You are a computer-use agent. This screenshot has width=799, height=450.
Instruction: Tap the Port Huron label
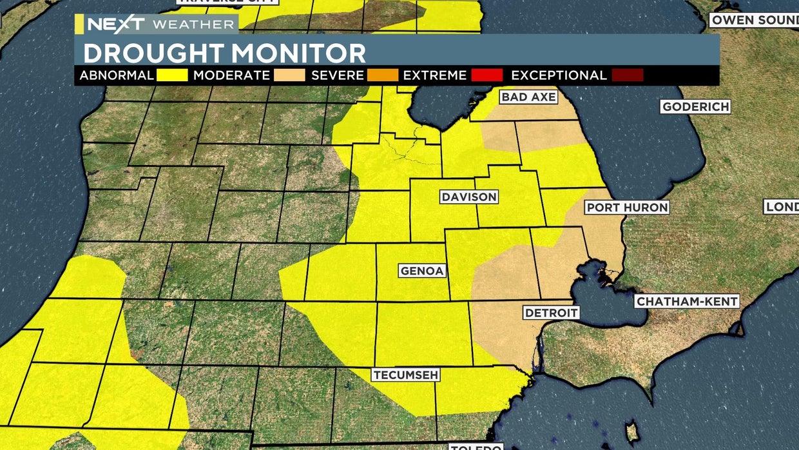[x=626, y=208]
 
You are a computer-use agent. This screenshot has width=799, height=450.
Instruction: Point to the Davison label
[x=469, y=197]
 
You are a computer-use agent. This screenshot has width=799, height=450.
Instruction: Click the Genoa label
[x=422, y=271]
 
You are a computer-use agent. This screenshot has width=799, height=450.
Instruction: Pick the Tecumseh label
[x=405, y=375]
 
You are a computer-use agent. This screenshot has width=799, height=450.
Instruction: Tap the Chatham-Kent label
[x=686, y=301]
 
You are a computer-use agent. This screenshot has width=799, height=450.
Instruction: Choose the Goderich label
[x=695, y=106]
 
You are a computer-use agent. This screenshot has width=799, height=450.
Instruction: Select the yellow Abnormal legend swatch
[x=171, y=75]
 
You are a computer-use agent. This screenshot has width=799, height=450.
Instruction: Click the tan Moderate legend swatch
[x=289, y=75]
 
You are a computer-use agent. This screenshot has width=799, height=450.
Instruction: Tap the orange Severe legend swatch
[x=383, y=75]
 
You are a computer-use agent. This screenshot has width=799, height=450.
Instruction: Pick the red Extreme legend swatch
[x=486, y=75]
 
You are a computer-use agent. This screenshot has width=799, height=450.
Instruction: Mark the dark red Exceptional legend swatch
[x=627, y=75]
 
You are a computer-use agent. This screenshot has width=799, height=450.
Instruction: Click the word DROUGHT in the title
[x=151, y=53]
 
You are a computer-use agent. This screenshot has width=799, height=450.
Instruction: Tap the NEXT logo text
[x=116, y=24]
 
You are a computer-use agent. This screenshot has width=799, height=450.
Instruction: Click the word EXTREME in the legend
[x=435, y=75]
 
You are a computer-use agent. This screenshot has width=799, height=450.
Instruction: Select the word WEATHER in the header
[x=193, y=24]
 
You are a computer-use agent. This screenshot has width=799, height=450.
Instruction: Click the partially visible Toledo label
[x=476, y=446]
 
